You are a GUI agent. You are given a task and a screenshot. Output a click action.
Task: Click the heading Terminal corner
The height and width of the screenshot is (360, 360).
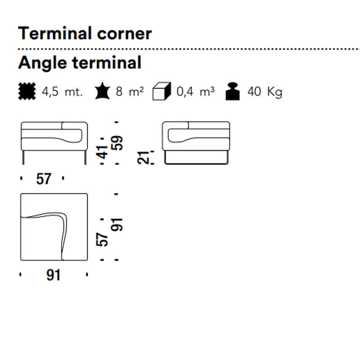click(85, 33)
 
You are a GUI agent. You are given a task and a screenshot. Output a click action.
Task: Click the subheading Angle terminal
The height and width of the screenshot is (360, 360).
click(80, 63)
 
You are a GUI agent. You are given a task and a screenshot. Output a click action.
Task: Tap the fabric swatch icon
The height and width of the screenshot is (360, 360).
click(27, 91)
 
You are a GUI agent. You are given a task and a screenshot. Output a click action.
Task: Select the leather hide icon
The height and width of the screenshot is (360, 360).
click(103, 91)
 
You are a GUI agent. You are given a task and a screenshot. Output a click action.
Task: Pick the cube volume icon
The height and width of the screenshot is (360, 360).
click(162, 91)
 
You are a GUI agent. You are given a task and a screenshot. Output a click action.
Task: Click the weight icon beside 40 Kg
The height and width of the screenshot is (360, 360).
click(233, 91)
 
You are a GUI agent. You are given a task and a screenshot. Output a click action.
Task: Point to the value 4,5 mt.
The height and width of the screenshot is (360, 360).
click(62, 92)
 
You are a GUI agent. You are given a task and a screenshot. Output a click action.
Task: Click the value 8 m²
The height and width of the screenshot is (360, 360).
click(130, 91)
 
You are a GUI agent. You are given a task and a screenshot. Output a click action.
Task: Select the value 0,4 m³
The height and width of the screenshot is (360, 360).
click(195, 91)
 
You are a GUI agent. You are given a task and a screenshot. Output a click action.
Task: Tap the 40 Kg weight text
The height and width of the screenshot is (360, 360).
click(265, 92)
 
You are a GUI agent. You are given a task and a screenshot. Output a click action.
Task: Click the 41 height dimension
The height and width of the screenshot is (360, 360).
click(102, 152)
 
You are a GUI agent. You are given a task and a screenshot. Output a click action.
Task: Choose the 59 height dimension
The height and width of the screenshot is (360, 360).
click(117, 143)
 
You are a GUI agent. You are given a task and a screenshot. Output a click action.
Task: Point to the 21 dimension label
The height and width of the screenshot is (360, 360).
click(143, 157)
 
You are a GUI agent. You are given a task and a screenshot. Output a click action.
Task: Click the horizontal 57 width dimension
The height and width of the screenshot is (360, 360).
click(43, 179)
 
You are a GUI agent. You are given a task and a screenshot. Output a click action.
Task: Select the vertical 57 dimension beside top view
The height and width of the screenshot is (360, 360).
click(102, 239)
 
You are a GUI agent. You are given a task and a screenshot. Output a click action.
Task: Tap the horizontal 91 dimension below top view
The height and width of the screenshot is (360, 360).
click(53, 275)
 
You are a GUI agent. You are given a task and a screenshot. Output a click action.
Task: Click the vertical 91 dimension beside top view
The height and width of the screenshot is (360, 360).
click(117, 225)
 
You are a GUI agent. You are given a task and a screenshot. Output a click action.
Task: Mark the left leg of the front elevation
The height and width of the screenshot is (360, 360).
click(23, 157)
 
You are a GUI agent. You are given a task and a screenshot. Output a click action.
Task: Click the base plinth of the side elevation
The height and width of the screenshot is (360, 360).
click(197, 157)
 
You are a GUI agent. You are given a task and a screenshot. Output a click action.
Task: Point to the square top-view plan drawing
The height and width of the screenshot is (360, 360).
click(54, 227)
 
